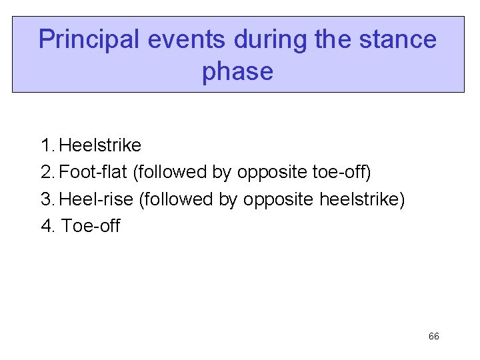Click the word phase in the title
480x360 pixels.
[x=237, y=71]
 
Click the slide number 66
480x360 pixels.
[x=433, y=337]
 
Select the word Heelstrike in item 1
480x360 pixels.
[x=100, y=145]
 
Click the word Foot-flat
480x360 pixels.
[x=93, y=172]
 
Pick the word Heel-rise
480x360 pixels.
[x=96, y=199]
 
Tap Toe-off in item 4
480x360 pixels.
[x=91, y=226]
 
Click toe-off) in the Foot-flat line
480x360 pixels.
[x=341, y=172]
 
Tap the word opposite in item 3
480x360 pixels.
[x=279, y=199]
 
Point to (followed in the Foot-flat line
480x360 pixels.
[x=170, y=172]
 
